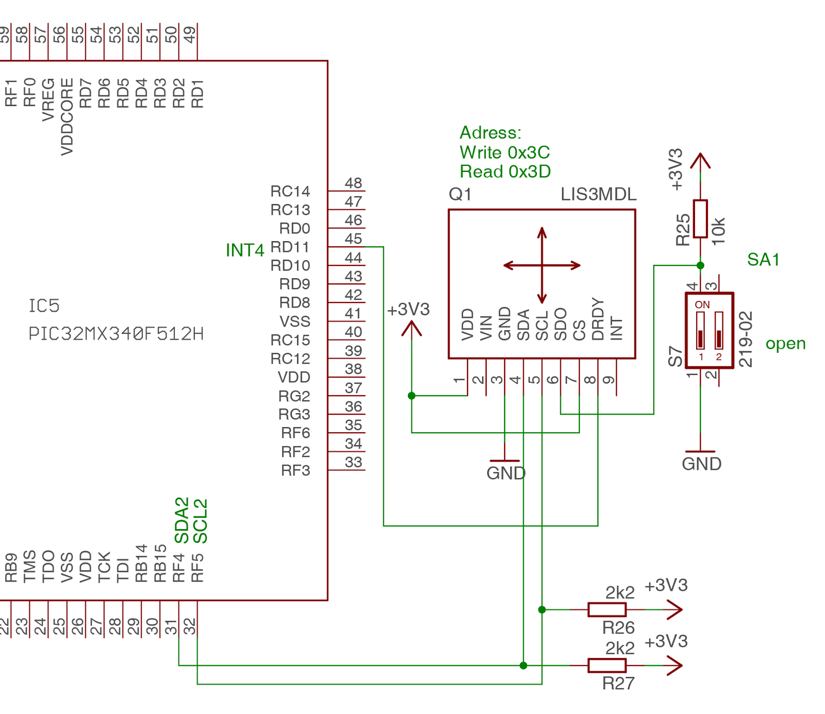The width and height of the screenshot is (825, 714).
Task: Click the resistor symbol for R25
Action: [700, 219]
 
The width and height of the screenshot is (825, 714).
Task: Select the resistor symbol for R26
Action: [607, 609]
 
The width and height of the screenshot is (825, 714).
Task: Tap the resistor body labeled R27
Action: [607, 665]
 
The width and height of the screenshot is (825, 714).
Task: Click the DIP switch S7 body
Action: [709, 330]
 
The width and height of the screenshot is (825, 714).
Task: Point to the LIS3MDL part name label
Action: [598, 194]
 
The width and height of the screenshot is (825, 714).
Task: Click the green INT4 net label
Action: [244, 250]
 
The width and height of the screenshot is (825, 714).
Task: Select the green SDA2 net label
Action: [181, 520]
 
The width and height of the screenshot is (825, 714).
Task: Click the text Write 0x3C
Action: [504, 152]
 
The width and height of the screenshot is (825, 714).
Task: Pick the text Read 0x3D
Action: [505, 172]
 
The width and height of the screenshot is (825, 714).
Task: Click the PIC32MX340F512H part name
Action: [116, 334]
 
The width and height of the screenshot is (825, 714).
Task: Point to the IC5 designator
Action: [44, 306]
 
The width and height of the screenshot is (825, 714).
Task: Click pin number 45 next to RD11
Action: [353, 239]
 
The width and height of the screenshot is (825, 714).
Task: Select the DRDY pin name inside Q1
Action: [597, 319]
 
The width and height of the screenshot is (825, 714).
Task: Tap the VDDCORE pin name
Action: [67, 116]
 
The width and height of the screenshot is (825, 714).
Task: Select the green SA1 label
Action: [763, 260]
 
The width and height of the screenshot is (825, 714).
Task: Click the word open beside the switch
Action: [785, 344]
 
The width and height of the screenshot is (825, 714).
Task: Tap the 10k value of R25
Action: [718, 231]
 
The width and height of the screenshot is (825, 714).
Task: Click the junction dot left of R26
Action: [541, 609]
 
